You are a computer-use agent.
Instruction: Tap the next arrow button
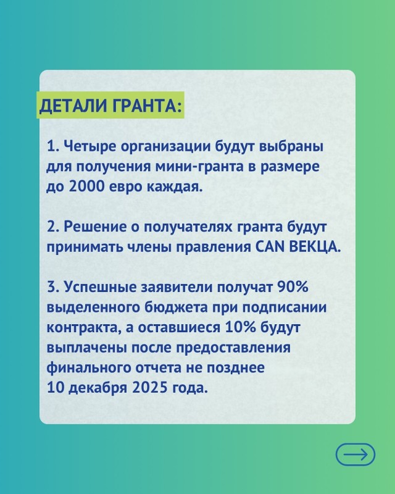point(355,454)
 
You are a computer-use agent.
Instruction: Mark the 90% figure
point(292,287)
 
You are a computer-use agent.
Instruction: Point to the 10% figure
point(240,327)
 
